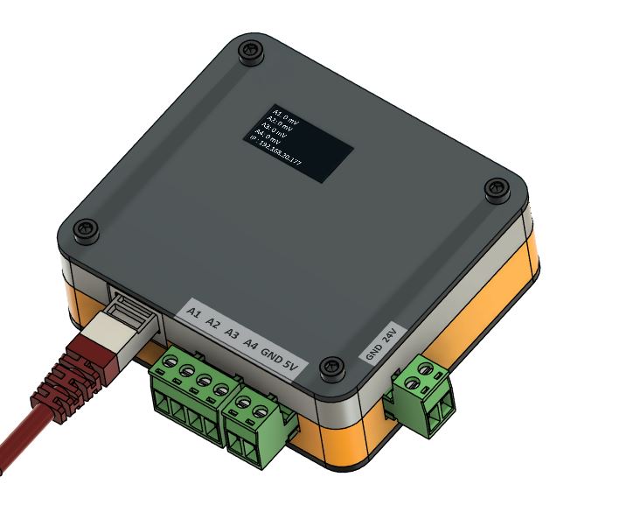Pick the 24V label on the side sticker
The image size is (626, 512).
(x=391, y=334)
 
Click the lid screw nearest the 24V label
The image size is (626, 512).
(x=330, y=368)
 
